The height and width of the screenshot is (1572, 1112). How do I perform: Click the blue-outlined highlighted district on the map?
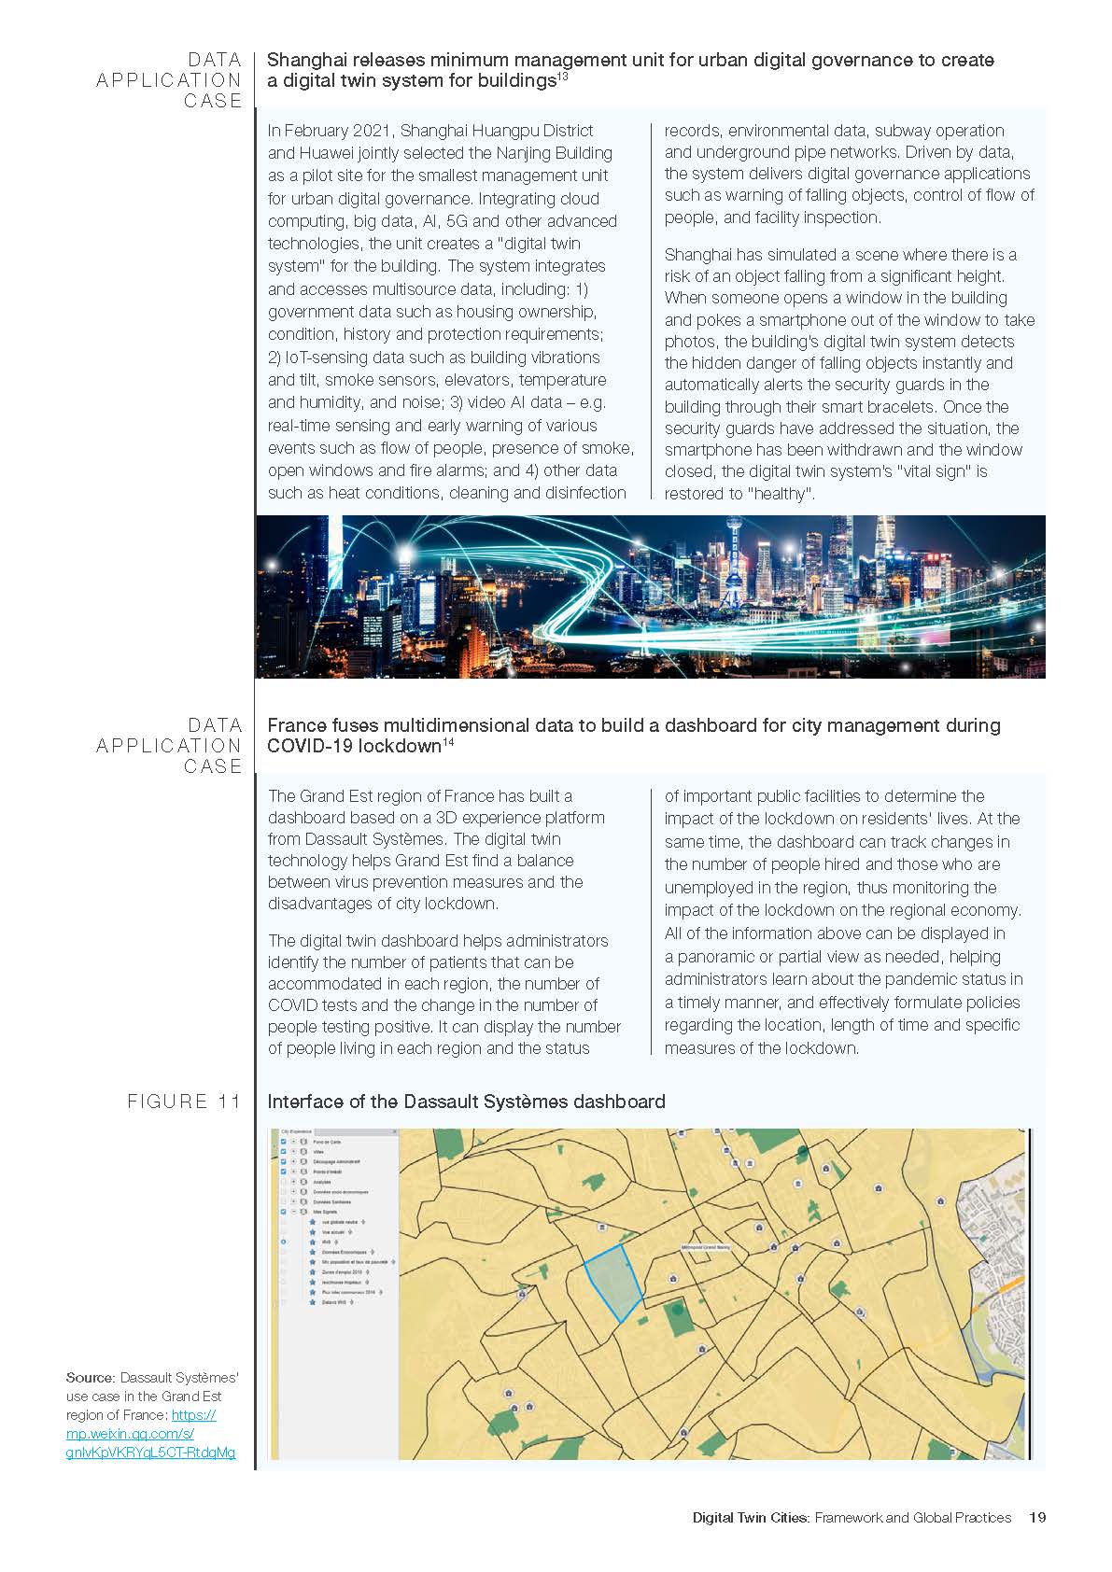pyautogui.click(x=612, y=1283)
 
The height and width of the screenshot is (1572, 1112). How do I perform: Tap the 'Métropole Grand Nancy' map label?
pyautogui.click(x=706, y=1247)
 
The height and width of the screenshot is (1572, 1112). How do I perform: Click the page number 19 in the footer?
pyautogui.click(x=1036, y=1517)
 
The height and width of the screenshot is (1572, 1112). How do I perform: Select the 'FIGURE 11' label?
pyautogui.click(x=184, y=1102)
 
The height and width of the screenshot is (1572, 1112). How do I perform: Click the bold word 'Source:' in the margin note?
pyautogui.click(x=90, y=1378)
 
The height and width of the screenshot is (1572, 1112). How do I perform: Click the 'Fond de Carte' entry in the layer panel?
pyautogui.click(x=327, y=1142)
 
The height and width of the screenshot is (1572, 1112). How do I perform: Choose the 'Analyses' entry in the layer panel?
pyautogui.click(x=322, y=1182)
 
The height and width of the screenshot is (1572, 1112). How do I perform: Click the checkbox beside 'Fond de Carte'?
pyautogui.click(x=284, y=1142)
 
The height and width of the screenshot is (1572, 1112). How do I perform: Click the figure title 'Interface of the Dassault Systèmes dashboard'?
pyautogui.click(x=466, y=1102)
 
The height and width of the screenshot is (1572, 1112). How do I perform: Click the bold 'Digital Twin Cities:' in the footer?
pyautogui.click(x=751, y=1517)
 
